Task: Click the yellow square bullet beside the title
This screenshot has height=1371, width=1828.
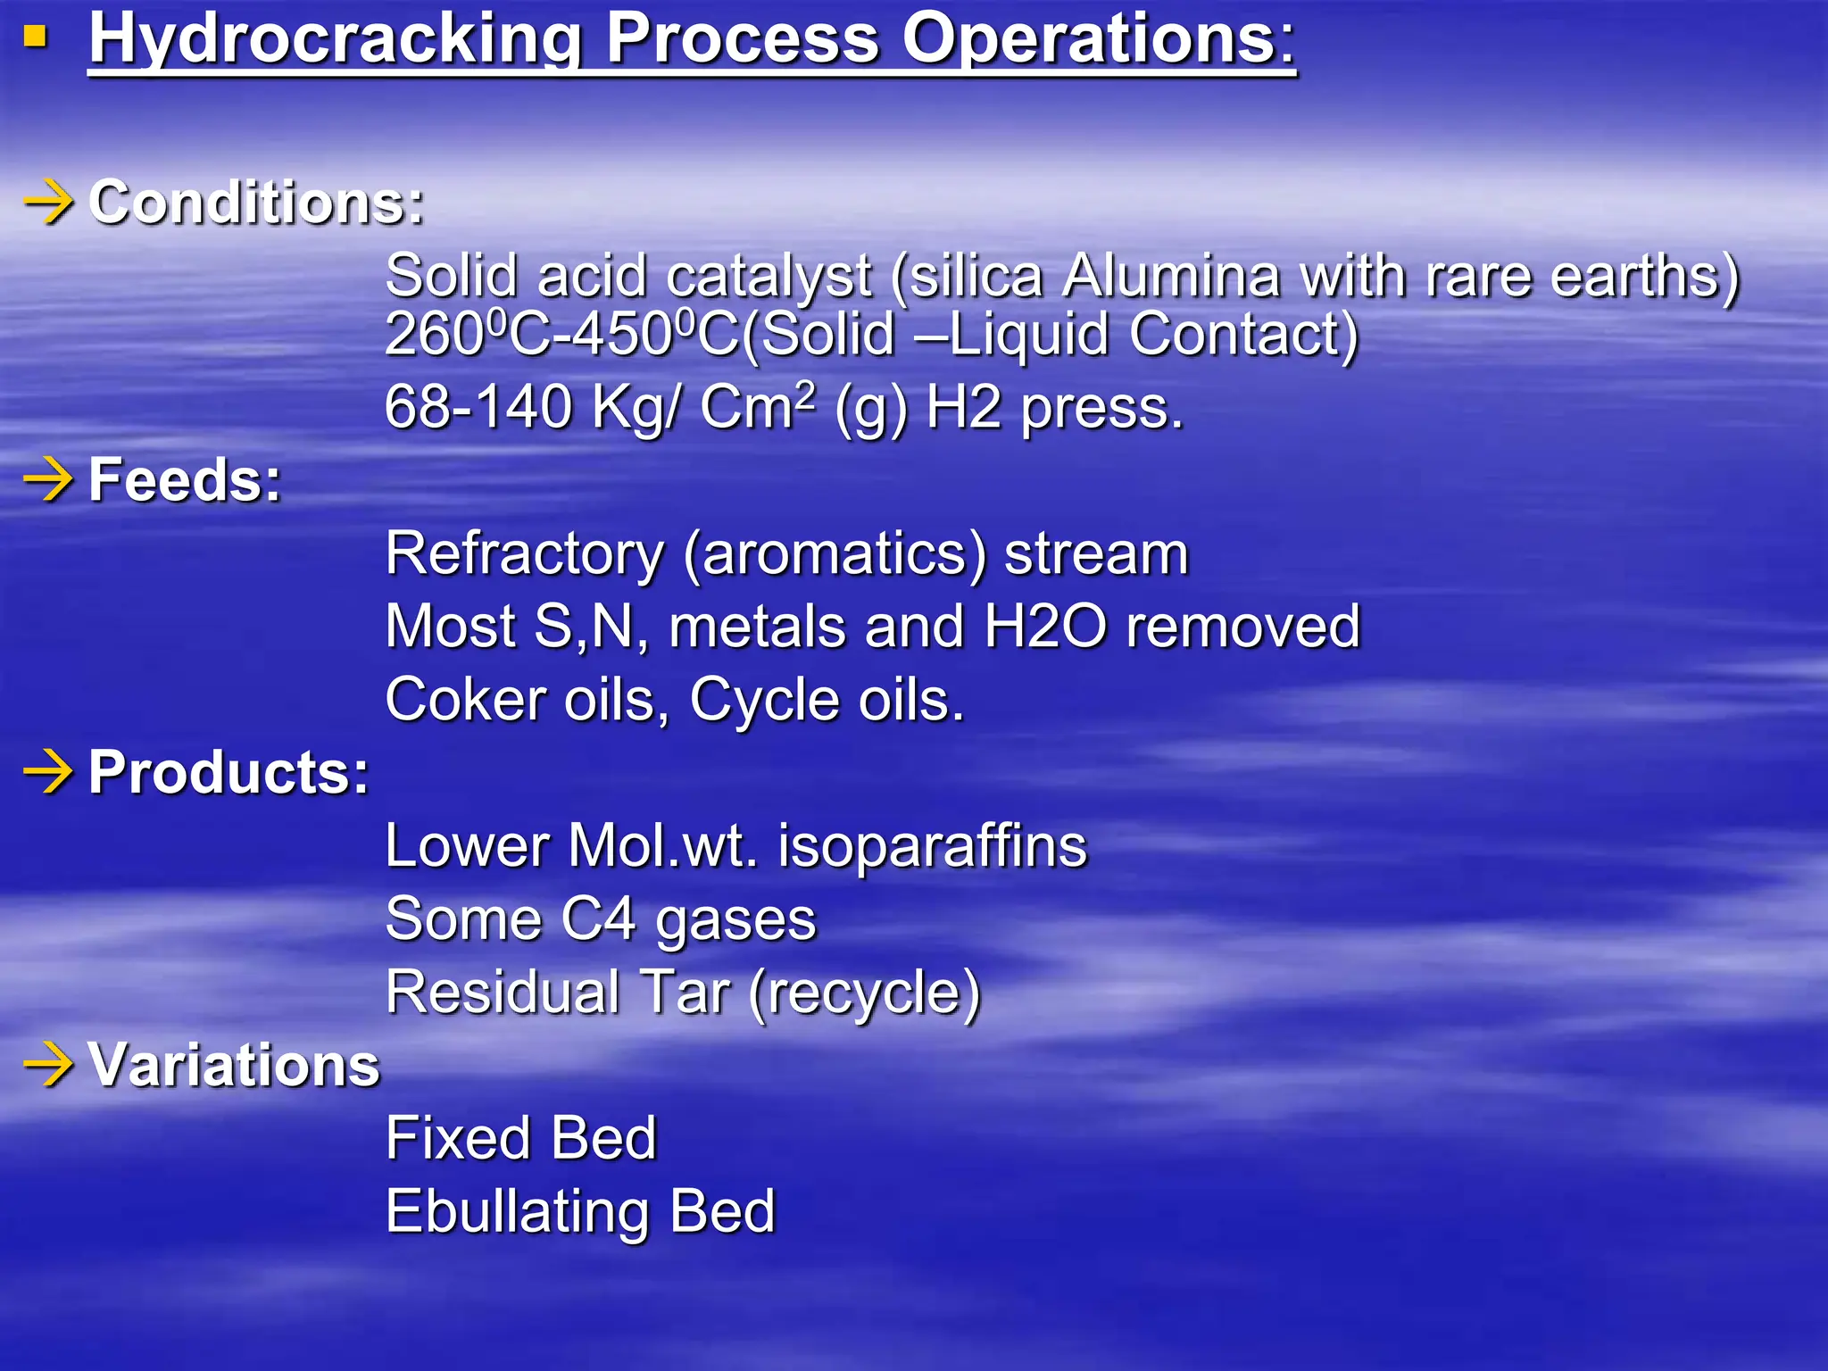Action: coord(35,37)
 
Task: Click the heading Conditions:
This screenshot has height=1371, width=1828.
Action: coord(257,203)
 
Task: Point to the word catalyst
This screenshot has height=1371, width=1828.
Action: coord(768,276)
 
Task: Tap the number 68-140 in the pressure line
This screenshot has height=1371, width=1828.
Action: coord(478,407)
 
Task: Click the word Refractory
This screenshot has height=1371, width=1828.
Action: coord(525,553)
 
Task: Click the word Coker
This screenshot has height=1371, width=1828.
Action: coord(465,699)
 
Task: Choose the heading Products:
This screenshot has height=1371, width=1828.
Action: coord(228,772)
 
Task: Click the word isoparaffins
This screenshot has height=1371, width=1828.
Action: coord(933,845)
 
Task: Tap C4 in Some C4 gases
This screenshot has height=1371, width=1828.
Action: coord(599,918)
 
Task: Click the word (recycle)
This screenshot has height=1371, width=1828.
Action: coord(864,993)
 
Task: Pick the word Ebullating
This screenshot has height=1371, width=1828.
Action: coord(518,1211)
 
